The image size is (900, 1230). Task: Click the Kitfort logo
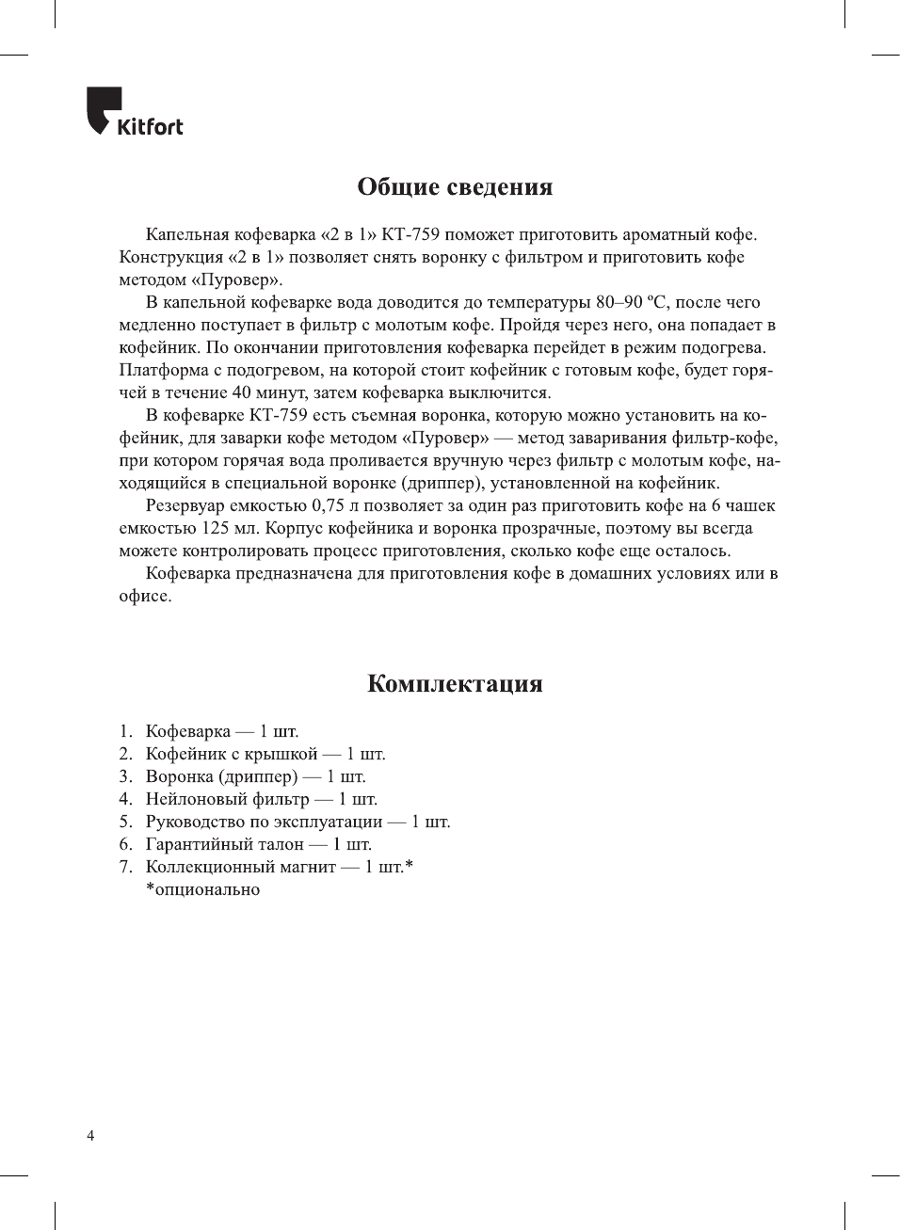tap(135, 112)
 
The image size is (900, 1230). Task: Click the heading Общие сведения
tap(455, 187)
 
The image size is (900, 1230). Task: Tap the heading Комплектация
tap(455, 684)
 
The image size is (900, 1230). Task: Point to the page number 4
tap(90, 1136)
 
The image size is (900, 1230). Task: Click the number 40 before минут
tap(241, 393)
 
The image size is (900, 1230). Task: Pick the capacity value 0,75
tap(328, 506)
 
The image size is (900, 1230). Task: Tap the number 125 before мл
tap(216, 529)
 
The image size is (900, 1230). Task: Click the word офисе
tap(144, 597)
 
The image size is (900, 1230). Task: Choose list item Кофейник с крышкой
tap(232, 755)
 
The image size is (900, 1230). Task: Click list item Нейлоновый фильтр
tap(227, 800)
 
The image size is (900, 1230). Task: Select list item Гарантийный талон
tap(224, 845)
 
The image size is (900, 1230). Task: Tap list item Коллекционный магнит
tap(240, 868)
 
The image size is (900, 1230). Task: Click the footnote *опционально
tap(202, 890)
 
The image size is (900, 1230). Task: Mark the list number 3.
tap(124, 777)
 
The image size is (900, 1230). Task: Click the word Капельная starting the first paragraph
tap(187, 235)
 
